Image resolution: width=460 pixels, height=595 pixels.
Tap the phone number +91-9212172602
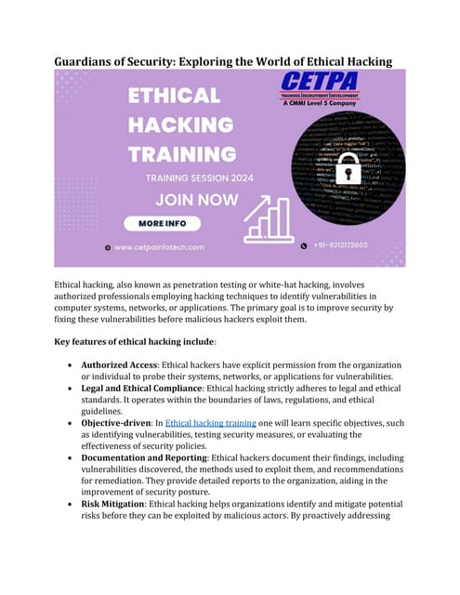click(x=336, y=245)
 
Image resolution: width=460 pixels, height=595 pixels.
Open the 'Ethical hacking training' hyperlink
click(x=213, y=422)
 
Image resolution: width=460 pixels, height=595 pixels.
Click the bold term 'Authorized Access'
click(x=119, y=365)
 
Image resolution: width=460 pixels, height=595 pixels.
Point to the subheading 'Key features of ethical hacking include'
click(x=141, y=342)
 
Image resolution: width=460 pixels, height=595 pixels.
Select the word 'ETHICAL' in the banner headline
click(x=174, y=96)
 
